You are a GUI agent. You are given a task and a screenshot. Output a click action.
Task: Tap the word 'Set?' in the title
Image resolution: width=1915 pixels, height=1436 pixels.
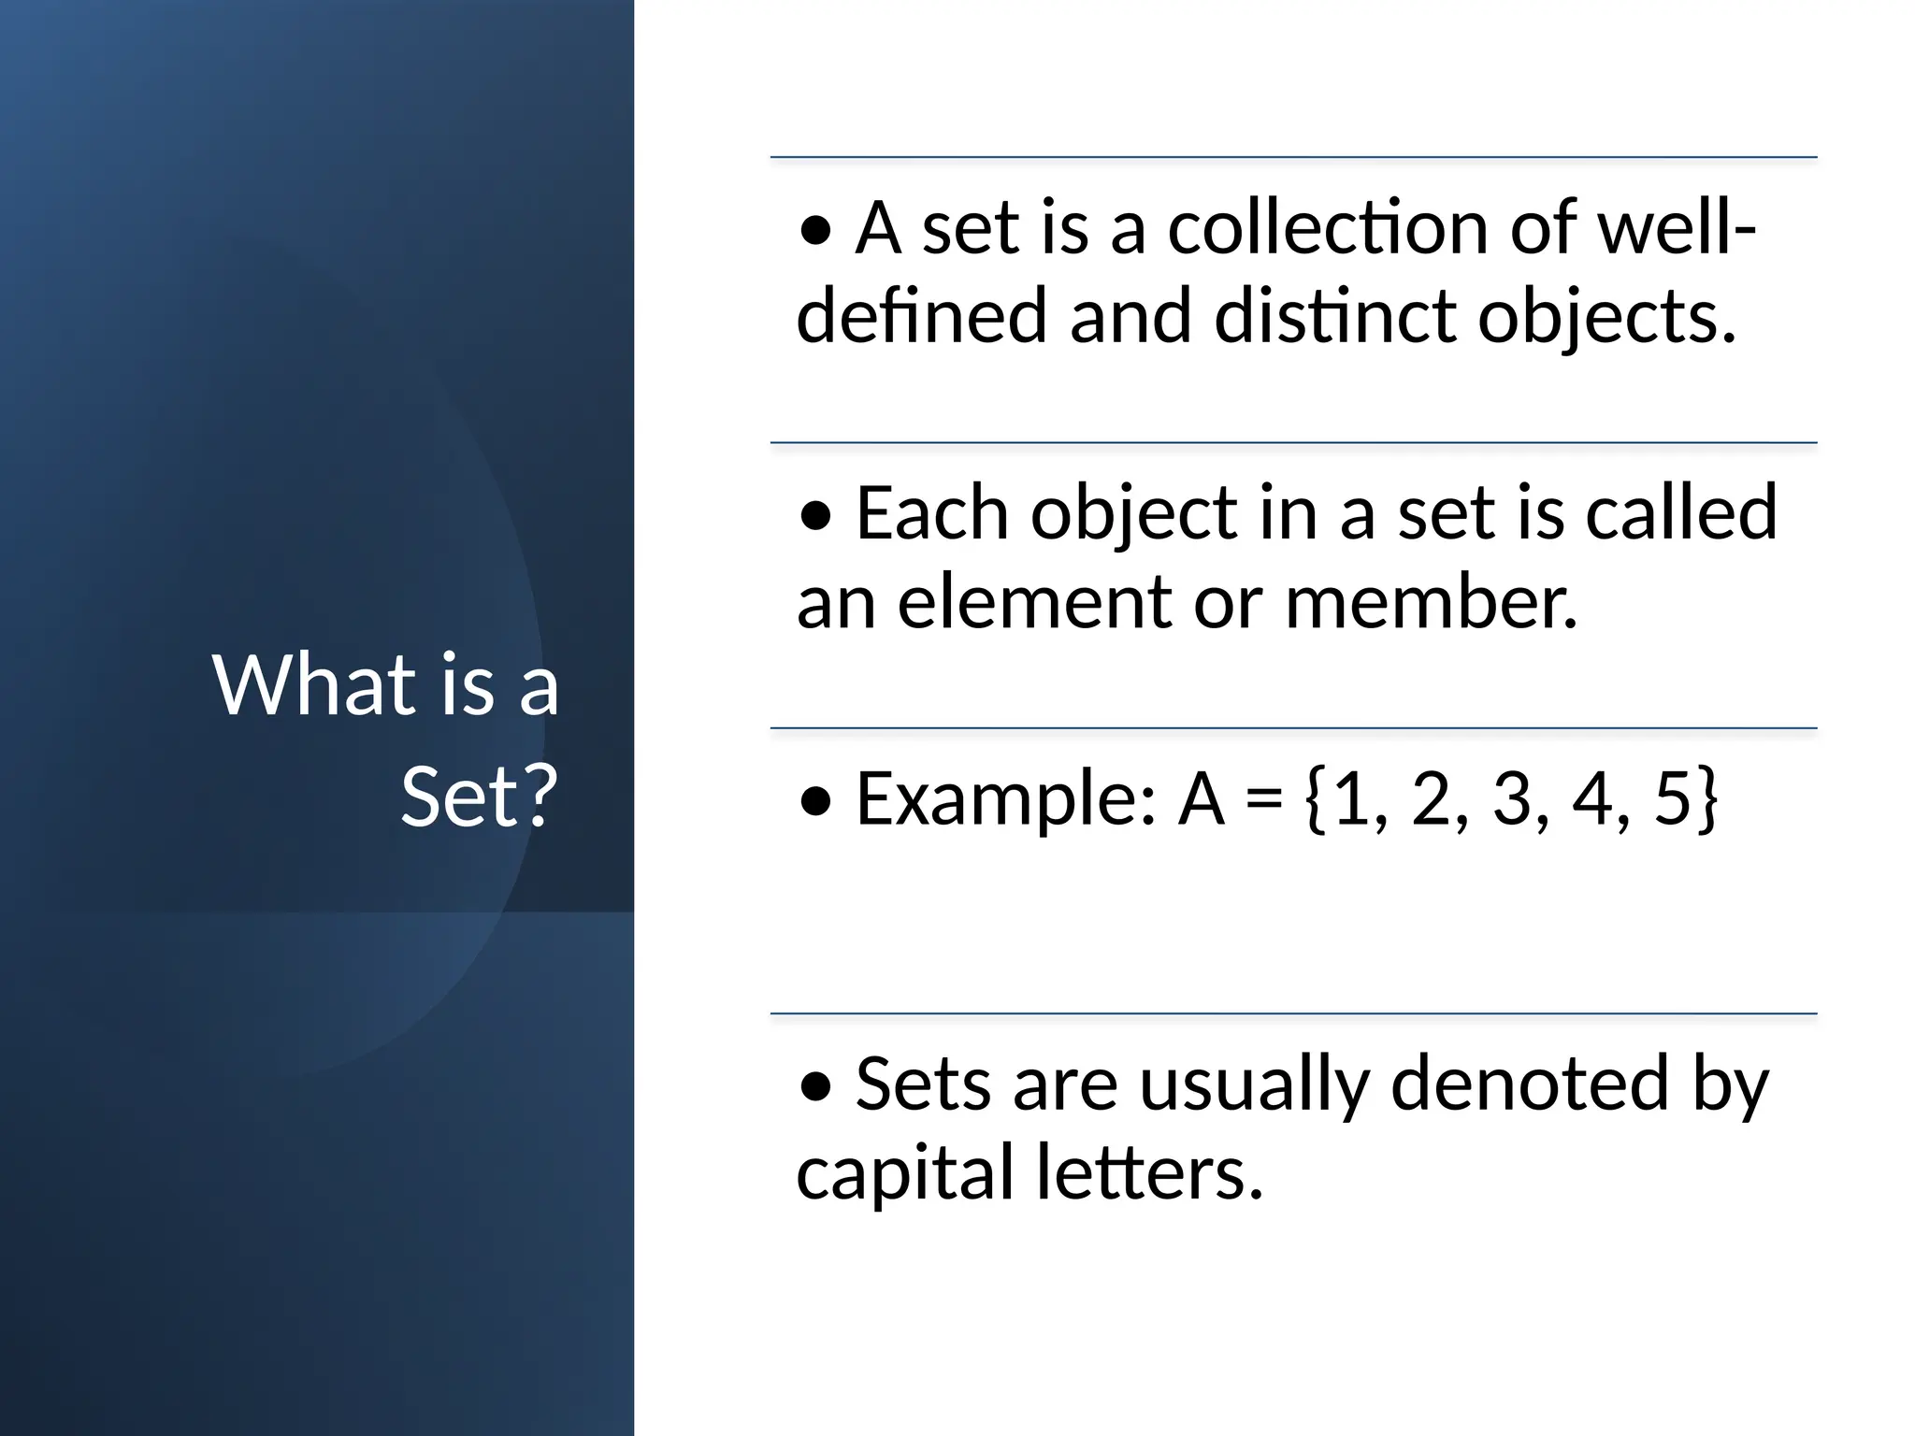pyautogui.click(x=479, y=797)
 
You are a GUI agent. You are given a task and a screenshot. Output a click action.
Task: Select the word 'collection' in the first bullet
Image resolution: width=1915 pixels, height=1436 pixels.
pyautogui.click(x=1327, y=228)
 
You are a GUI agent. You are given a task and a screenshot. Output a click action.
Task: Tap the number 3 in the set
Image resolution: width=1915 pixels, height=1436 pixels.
pyautogui.click(x=1512, y=799)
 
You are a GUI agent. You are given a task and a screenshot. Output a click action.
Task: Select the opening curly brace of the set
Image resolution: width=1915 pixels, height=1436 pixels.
pyautogui.click(x=1315, y=799)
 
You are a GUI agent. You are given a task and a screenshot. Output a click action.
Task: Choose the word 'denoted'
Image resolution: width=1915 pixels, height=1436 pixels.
pyautogui.click(x=1530, y=1084)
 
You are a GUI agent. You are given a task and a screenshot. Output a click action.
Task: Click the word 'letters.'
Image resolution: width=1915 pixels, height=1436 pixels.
pyautogui.click(x=1150, y=1172)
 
